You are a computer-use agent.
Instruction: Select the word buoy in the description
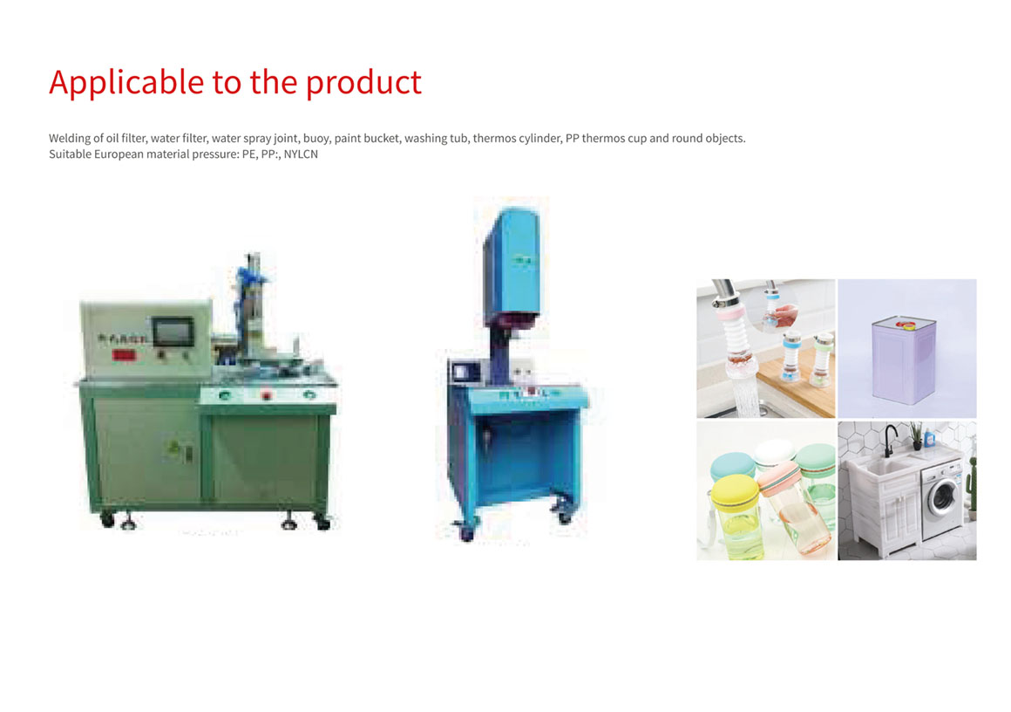[x=316, y=139]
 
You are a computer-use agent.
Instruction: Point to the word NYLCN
[x=301, y=154]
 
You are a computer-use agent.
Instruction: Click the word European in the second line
[x=119, y=154]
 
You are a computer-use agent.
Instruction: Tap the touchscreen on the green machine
[x=173, y=332]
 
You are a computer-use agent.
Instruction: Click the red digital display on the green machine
[x=124, y=354]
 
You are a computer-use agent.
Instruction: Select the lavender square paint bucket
[x=903, y=360]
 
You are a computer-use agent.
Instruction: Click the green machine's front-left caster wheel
[x=108, y=519]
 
